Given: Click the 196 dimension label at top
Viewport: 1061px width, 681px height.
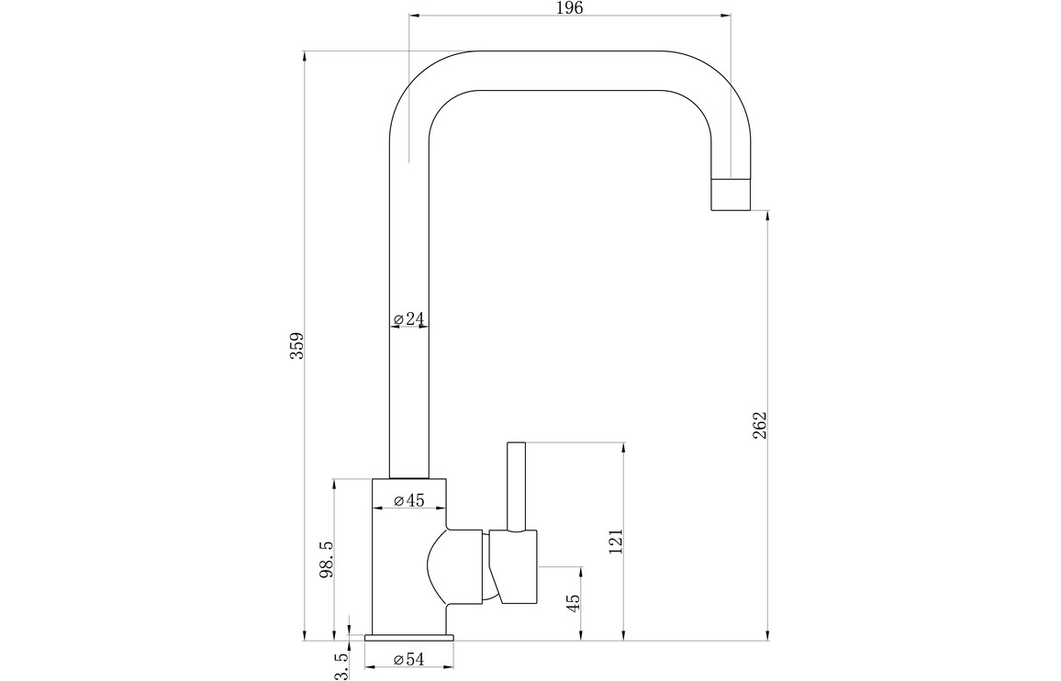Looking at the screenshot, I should (x=569, y=8).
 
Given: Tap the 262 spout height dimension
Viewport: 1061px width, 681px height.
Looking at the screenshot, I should (x=760, y=425).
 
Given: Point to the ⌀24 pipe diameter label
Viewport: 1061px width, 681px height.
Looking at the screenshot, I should (x=409, y=319).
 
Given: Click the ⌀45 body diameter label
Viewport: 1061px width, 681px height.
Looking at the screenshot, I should (x=408, y=500).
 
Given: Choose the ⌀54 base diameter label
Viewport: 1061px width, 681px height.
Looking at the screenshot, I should (x=408, y=659).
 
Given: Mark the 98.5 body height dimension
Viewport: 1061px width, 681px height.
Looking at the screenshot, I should (x=325, y=559).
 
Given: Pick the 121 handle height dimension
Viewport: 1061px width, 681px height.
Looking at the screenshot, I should (x=616, y=541).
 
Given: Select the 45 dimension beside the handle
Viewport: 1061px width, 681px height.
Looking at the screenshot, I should (x=574, y=603).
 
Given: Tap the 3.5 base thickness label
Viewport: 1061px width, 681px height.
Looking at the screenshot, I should (x=341, y=665).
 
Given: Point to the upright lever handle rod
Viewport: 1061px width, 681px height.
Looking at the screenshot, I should (x=516, y=486).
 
